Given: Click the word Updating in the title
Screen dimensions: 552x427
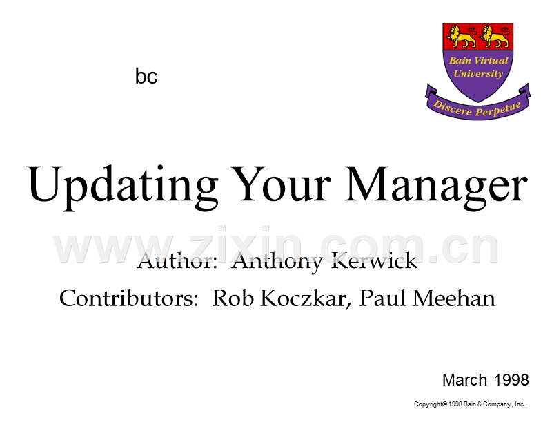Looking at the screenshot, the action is click(122, 186).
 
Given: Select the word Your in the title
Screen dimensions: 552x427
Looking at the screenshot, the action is click(280, 184).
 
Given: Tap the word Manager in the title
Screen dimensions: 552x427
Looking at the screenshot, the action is click(436, 187).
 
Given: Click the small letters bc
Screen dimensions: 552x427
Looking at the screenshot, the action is click(146, 76).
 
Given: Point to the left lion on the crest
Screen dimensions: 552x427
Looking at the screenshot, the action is click(461, 37).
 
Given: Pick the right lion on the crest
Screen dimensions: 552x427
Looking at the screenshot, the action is click(494, 37).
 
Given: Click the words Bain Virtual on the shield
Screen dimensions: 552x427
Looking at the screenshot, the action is click(478, 61).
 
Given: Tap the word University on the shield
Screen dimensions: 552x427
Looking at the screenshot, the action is click(478, 74).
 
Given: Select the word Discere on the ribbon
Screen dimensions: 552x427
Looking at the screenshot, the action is click(453, 108).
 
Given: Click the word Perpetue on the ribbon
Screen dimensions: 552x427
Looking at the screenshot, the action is click(498, 108).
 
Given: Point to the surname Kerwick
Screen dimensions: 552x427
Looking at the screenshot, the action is click(374, 261).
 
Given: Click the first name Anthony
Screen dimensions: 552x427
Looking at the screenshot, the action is click(277, 262).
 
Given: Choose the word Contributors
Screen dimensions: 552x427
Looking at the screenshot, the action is click(128, 298).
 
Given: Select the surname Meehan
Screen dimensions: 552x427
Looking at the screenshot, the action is click(454, 298).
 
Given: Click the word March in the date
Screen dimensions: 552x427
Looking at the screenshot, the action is click(464, 380).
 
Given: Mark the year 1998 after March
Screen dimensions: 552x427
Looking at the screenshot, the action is click(511, 380).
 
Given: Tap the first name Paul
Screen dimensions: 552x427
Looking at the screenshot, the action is click(383, 298).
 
